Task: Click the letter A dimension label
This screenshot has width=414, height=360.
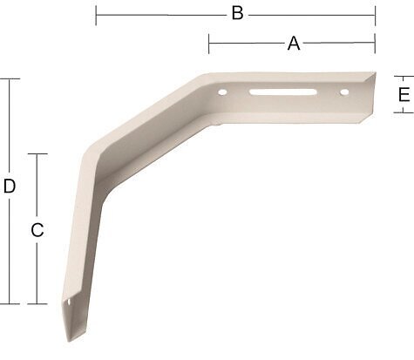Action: point(294,44)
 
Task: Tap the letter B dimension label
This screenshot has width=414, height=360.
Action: point(237,13)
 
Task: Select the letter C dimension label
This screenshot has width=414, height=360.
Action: point(37,230)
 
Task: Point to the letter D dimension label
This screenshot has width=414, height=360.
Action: point(10,187)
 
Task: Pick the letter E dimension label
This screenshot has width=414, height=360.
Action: point(404,94)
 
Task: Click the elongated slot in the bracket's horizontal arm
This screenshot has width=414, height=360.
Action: point(283,92)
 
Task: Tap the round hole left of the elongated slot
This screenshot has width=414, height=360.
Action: point(222,92)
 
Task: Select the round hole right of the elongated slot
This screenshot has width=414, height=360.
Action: point(344,92)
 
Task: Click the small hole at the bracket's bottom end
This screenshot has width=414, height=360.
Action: point(69,302)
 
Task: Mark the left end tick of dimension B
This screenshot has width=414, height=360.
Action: point(96,15)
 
